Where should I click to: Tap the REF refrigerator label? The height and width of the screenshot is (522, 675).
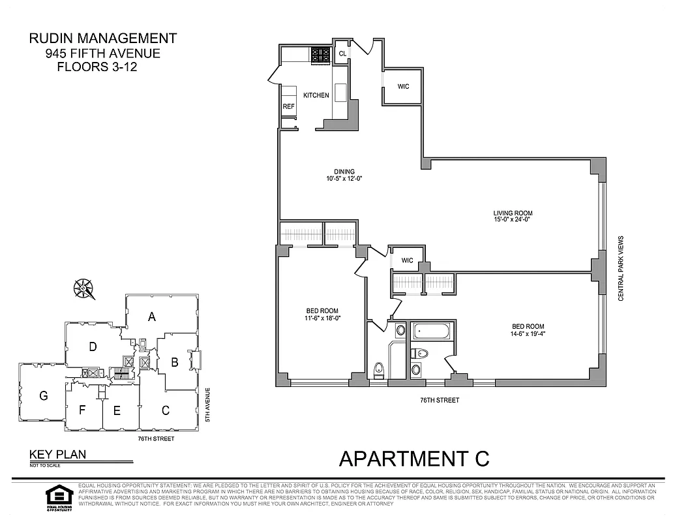(289, 106)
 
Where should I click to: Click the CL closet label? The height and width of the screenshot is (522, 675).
(342, 54)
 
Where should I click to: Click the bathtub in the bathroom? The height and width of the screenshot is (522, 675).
(431, 331)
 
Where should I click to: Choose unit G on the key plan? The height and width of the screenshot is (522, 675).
(44, 395)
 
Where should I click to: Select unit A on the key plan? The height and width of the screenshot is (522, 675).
(152, 317)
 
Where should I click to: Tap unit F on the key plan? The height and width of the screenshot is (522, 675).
(83, 410)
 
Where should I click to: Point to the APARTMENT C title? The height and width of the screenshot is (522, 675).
(413, 459)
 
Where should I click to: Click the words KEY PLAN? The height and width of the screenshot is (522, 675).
(57, 455)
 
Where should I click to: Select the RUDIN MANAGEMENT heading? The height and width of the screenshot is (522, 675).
(102, 39)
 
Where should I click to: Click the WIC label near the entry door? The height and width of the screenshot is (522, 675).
(403, 86)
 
